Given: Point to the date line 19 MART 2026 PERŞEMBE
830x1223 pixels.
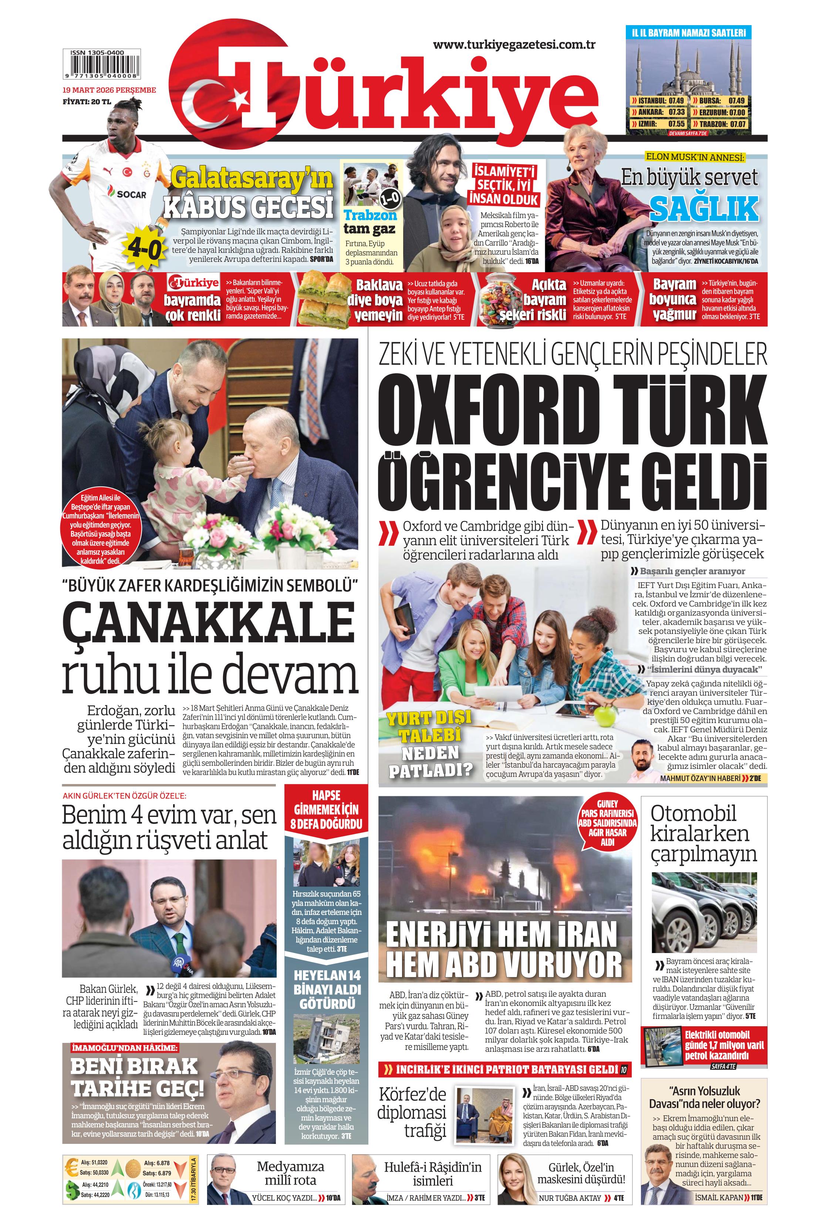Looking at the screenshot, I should pos(109,90).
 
